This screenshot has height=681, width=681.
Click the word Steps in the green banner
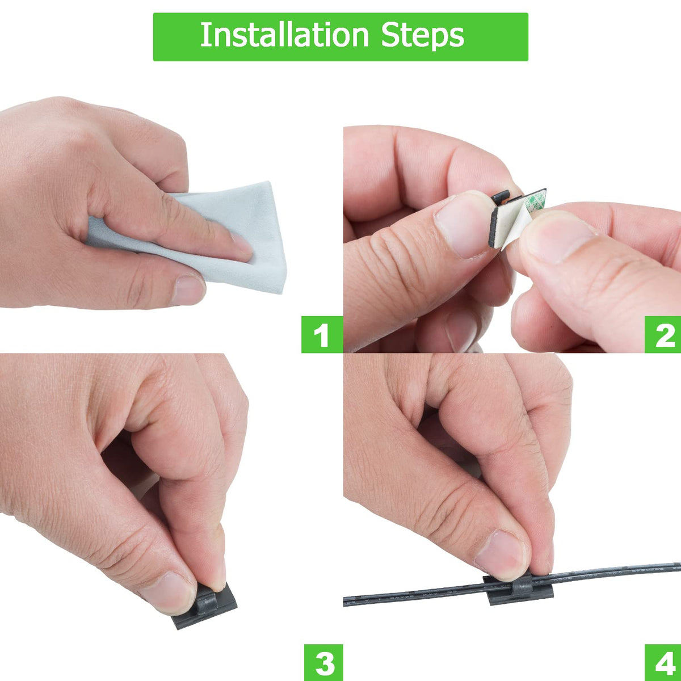pos(423,36)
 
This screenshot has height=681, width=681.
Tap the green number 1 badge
pos(321,334)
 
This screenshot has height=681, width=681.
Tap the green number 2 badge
pos(663,334)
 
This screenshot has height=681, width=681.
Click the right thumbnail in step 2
pos(559,238)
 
